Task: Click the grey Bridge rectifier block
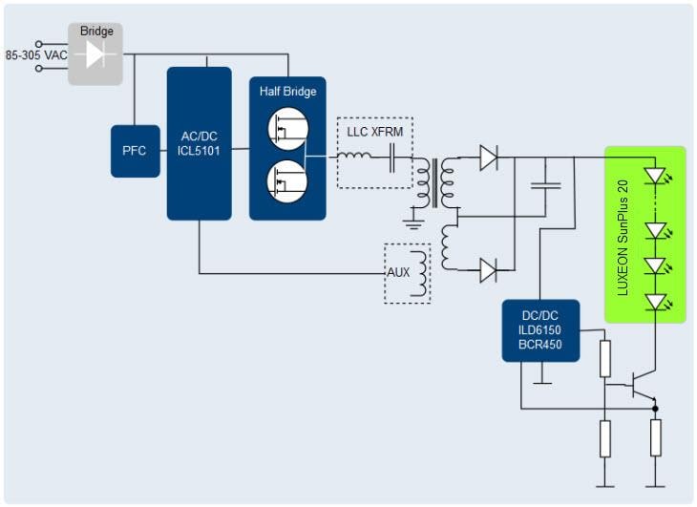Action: tap(95, 53)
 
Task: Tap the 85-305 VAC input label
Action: tap(35, 55)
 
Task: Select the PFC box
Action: tap(135, 150)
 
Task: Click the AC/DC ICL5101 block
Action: tap(199, 143)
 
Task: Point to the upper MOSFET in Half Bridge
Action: tap(287, 127)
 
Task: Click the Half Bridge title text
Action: tap(287, 92)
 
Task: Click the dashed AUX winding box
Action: tap(407, 273)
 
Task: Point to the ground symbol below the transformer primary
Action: tap(413, 222)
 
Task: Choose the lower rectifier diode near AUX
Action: tap(489, 271)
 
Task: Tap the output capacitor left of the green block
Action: tap(545, 183)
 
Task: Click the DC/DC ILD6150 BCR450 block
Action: tap(541, 330)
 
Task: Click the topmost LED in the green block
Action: tap(655, 177)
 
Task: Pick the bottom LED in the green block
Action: tap(655, 303)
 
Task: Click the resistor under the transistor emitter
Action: tap(655, 437)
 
